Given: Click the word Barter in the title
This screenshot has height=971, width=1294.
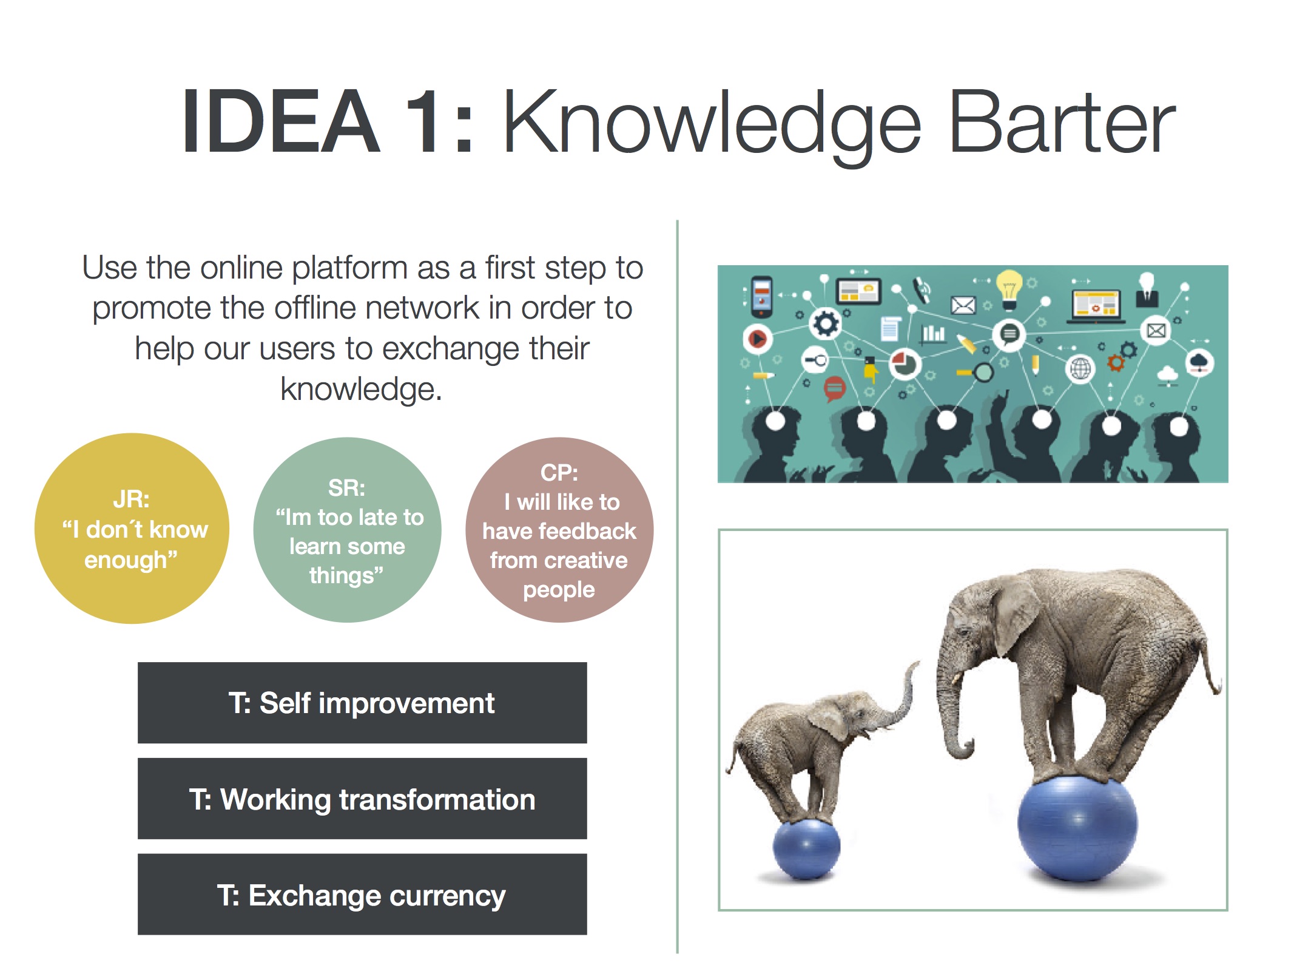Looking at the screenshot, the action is click(1061, 121).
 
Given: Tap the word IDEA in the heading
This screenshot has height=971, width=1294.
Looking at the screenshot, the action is click(280, 121).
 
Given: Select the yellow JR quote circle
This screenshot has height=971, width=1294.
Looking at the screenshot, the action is click(132, 528).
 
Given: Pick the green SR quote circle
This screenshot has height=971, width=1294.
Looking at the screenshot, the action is click(347, 530).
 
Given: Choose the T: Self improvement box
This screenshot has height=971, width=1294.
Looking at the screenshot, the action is click(362, 703).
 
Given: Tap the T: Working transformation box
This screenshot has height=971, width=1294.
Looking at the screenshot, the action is click(362, 799).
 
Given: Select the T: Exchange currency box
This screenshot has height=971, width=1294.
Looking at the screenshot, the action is click(362, 895).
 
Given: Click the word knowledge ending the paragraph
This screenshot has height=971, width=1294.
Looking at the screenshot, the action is click(361, 390).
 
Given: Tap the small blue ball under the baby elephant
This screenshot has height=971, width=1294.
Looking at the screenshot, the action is click(806, 848).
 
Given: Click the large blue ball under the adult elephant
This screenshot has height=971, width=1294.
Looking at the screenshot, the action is click(1077, 828).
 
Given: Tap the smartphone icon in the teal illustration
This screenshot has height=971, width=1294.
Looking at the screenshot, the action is click(762, 296).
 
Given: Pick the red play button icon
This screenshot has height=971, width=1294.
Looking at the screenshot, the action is click(757, 338).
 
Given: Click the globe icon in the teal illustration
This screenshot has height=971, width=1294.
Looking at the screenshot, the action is click(1080, 368).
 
